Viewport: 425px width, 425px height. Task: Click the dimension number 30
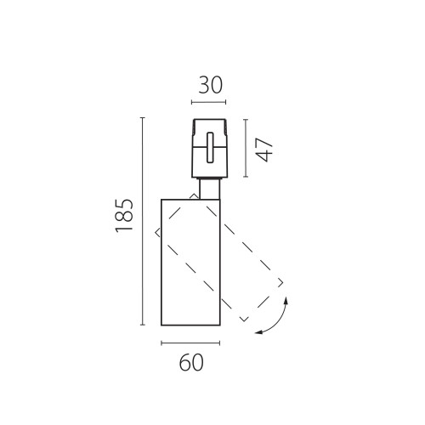[211, 85]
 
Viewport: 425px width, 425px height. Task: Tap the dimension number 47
[264, 150]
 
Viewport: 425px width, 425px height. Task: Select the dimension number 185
[124, 216]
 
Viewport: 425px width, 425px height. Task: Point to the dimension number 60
[191, 362]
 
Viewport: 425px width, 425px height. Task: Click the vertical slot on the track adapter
[210, 148]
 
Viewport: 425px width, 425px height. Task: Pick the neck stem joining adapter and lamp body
[210, 189]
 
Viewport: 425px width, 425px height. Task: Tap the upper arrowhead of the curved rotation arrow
[286, 300]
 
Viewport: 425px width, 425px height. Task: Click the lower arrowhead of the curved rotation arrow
[258, 332]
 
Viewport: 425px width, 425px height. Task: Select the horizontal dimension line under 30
[208, 102]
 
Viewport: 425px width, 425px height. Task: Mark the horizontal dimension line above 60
[190, 343]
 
